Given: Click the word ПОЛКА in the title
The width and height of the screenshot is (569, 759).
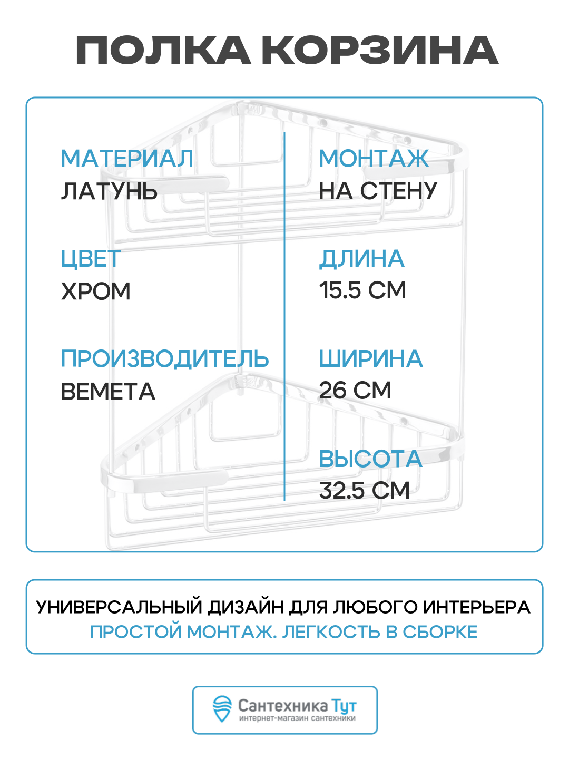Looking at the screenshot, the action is click(x=163, y=51).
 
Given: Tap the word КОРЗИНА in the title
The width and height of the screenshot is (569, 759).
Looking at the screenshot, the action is click(x=379, y=51).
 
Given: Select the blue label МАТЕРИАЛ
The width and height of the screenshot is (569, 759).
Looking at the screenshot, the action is click(x=127, y=159).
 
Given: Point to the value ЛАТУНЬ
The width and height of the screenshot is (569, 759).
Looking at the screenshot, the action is click(x=109, y=191).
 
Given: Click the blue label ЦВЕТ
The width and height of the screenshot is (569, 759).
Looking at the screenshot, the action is click(x=91, y=259).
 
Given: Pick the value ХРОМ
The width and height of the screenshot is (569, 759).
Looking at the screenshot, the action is click(x=96, y=291).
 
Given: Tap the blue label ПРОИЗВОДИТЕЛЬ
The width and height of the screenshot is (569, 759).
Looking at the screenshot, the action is click(x=165, y=359).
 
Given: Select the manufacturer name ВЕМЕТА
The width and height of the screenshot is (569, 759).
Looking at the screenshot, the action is click(x=108, y=392).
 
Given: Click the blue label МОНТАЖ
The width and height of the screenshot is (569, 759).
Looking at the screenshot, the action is click(x=374, y=159).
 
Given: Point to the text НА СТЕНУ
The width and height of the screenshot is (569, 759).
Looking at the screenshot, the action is click(x=378, y=191).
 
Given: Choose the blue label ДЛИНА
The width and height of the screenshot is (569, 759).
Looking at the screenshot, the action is click(x=361, y=259).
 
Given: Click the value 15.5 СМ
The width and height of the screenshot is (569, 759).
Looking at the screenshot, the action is click(x=362, y=290).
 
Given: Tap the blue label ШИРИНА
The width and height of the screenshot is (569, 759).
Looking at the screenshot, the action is click(x=371, y=359).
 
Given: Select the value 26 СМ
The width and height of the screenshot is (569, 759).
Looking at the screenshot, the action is click(x=355, y=391).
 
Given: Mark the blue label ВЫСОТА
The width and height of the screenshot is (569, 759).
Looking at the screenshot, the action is click(x=371, y=459).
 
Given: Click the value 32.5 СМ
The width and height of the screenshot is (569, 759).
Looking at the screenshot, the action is click(x=364, y=491).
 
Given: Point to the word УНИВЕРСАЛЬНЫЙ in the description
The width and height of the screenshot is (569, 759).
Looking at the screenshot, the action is click(x=119, y=607).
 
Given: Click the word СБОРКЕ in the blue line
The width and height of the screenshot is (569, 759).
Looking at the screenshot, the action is click(x=440, y=632).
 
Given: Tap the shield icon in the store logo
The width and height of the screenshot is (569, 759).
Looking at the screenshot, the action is click(x=222, y=709).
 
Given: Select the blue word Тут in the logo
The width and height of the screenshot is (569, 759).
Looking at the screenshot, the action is click(x=344, y=706).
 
